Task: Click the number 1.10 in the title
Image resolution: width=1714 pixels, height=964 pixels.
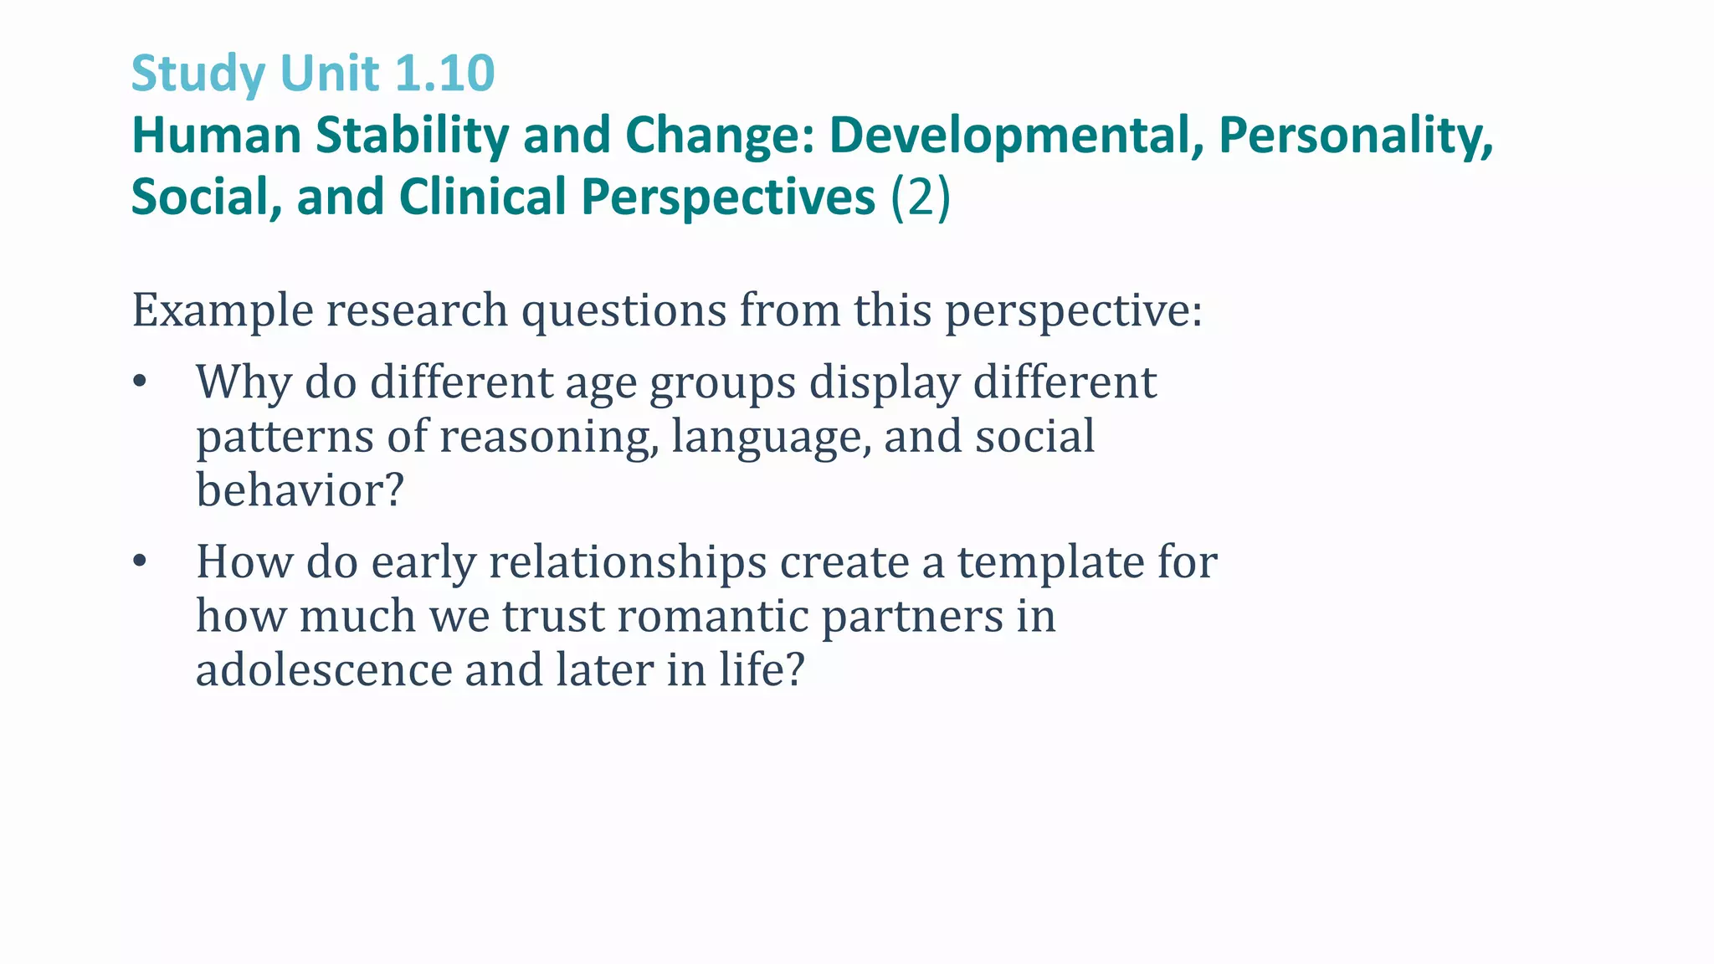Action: (444, 73)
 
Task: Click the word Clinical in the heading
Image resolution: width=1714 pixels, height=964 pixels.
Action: (483, 197)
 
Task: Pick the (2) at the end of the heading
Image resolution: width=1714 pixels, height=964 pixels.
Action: (921, 197)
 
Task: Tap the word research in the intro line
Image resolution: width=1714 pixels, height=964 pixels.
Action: (417, 311)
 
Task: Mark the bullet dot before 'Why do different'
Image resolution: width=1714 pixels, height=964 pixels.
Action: (140, 382)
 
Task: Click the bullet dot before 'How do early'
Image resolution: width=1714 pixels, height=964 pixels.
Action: (140, 561)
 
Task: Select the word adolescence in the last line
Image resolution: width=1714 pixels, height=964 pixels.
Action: (324, 670)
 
